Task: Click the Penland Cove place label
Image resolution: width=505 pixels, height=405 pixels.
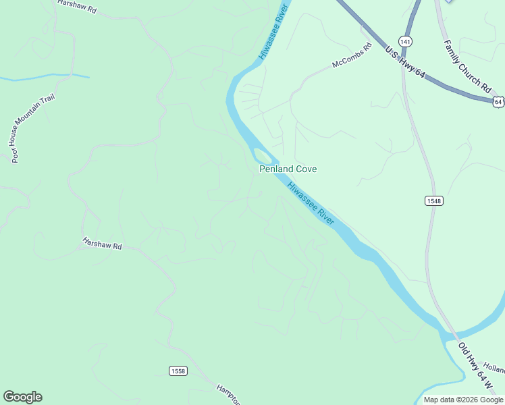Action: point(288,169)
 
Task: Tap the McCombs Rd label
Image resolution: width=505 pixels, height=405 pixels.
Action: point(352,56)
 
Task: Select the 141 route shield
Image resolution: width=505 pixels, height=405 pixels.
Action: point(405,41)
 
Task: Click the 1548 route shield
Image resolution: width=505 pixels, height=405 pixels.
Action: point(434,201)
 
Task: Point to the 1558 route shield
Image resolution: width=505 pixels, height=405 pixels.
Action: point(178,371)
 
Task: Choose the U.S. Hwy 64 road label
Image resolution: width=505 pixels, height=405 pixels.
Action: point(404,62)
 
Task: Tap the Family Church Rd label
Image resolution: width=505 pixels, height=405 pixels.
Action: point(467,65)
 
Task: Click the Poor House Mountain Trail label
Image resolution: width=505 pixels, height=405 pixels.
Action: point(32,128)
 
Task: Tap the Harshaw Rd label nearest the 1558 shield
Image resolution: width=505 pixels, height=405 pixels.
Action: point(102,243)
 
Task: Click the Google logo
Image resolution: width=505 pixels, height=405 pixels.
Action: point(22,397)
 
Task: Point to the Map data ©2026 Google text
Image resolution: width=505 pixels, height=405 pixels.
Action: point(464,400)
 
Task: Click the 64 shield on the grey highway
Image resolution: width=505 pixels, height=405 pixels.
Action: point(498,102)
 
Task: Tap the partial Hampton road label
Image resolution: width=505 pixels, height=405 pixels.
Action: point(228,394)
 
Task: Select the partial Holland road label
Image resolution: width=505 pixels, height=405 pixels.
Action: point(494,370)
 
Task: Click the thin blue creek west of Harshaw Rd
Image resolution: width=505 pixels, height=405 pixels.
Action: point(41,77)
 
